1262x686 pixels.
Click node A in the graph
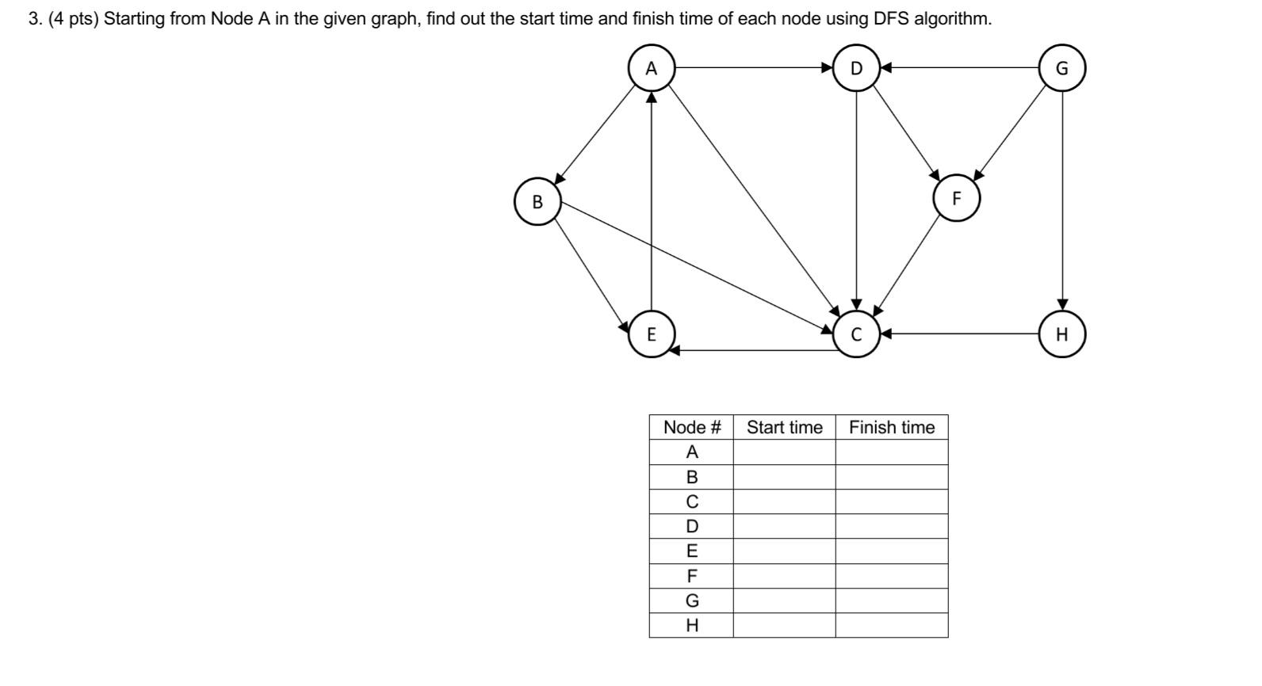[651, 69]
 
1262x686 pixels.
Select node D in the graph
[856, 69]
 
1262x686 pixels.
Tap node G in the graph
[1062, 69]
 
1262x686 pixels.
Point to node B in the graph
[537, 202]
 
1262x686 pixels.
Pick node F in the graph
[956, 199]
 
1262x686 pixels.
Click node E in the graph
[652, 334]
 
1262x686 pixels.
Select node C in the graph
[856, 334]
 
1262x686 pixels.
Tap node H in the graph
[1062, 334]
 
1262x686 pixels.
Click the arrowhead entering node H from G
[1062, 305]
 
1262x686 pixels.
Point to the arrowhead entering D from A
[827, 68]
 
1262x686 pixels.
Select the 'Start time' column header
[784, 428]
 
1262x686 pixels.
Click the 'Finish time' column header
[892, 428]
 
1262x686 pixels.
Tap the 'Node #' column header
[691, 428]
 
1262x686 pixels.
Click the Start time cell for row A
[784, 452]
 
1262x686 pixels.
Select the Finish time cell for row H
[892, 625]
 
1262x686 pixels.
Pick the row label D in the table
[691, 527]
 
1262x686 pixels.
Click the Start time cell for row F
[784, 576]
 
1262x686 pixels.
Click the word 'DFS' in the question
[891, 19]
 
